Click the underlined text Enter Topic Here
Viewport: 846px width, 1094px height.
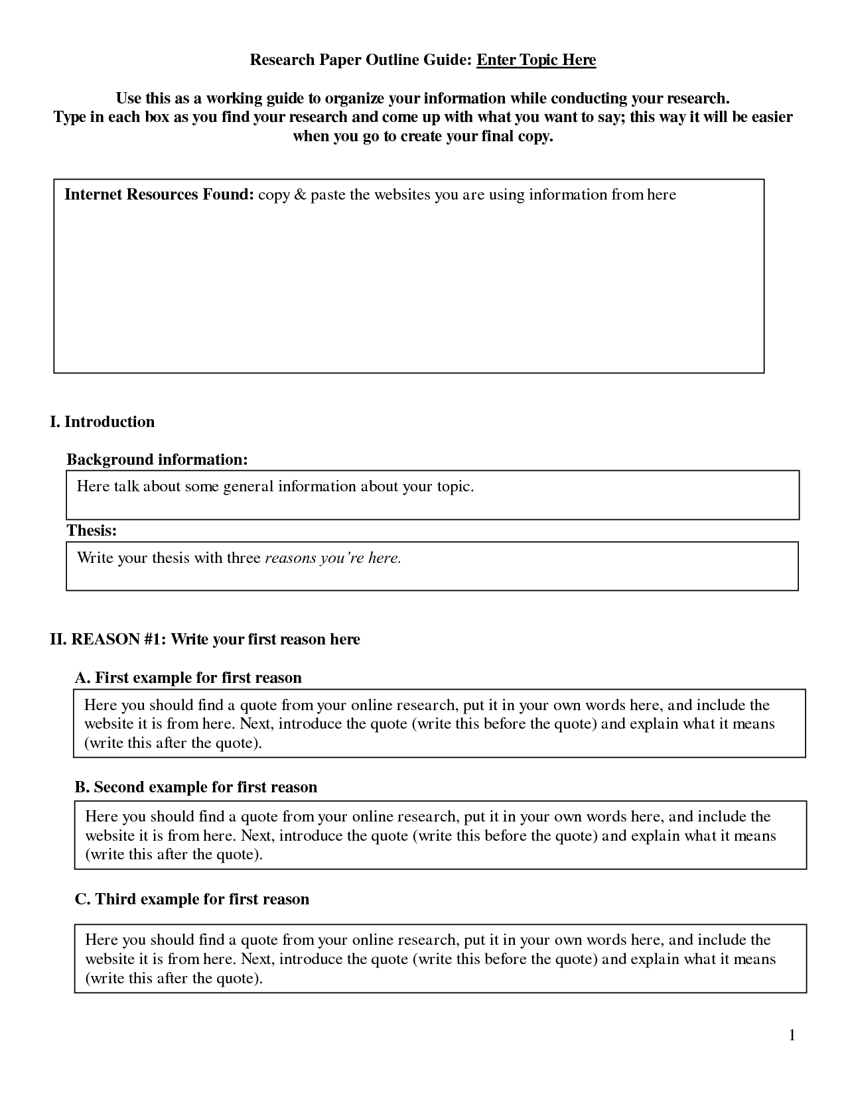pos(536,60)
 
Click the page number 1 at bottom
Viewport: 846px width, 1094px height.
pos(792,1035)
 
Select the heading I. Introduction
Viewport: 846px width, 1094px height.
pos(102,422)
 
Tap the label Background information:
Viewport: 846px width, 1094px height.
pos(157,459)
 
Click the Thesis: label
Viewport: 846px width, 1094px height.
pos(92,530)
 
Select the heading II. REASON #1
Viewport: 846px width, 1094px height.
pos(205,640)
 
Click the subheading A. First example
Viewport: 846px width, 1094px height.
pos(188,678)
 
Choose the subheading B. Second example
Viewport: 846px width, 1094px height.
pos(196,788)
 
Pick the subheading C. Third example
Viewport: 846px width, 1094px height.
pos(192,900)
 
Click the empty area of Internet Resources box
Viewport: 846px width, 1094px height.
pos(408,292)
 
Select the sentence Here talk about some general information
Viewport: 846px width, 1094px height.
pos(275,487)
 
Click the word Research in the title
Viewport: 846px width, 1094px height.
pos(282,60)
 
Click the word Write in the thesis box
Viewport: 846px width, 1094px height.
pos(95,558)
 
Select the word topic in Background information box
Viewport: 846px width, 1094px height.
pos(453,487)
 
